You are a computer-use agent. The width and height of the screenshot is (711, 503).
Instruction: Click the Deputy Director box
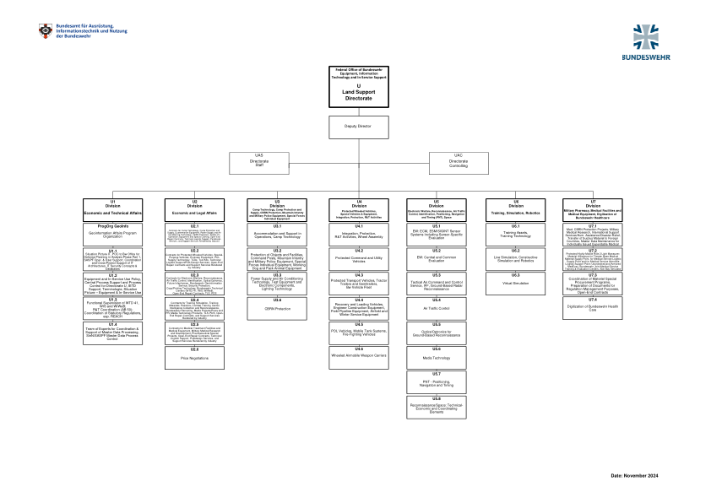click(357, 126)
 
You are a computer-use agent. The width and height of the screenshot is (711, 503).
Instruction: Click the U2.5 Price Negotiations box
click(194, 358)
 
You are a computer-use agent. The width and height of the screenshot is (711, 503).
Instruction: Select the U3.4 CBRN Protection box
click(277, 307)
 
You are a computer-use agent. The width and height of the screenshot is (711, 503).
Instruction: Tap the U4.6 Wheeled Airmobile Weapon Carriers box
click(358, 355)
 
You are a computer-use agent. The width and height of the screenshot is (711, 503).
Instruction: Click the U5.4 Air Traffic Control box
click(437, 306)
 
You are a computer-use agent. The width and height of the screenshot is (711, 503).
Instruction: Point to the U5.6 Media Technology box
click(437, 355)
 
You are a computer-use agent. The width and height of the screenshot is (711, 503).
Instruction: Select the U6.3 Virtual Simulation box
click(514, 282)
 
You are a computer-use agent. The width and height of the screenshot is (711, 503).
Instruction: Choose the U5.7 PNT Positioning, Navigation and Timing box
click(437, 381)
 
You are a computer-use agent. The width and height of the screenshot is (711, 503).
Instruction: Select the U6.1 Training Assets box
click(514, 232)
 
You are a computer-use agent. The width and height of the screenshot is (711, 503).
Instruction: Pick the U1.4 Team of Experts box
click(112, 331)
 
